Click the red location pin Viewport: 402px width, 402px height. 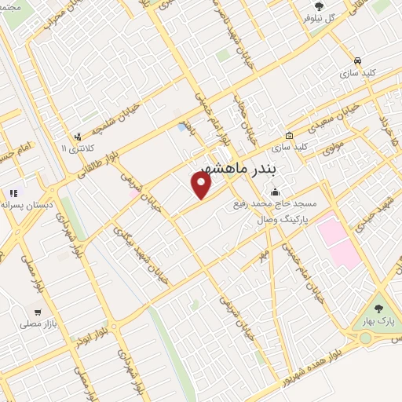(202, 185)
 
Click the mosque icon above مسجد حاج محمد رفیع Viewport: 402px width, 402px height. (275, 192)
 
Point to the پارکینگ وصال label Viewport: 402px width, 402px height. (284, 220)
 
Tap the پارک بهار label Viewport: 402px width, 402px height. (380, 322)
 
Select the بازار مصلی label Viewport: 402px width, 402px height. (35, 323)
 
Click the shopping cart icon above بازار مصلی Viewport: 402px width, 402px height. (35, 310)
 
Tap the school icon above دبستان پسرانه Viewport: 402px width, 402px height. (12, 192)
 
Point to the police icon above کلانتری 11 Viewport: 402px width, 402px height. (78, 136)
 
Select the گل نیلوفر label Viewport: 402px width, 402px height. (320, 17)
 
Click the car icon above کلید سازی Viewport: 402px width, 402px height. (357, 60)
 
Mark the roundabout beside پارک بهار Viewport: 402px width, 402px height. (365, 338)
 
